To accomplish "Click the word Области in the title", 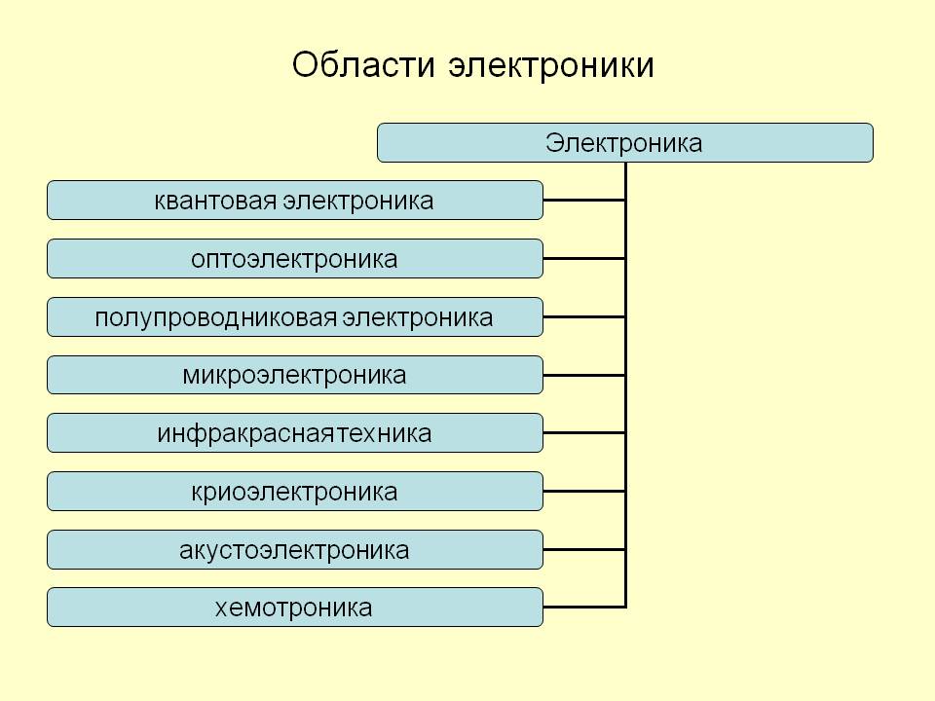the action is pos(363,64).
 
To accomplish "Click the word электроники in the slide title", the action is pos(551,65).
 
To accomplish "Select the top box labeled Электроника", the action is pos(625,142).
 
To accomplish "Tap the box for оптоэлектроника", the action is pos(294,259).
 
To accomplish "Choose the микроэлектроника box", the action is pos(294,375).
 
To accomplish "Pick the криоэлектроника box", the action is pos(294,491).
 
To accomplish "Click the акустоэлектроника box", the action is pos(294,549).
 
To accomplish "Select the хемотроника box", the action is pos(294,607).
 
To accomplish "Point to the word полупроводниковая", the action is pos(216,317).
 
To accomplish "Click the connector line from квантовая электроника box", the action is pos(584,201).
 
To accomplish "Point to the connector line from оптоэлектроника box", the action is pos(584,259).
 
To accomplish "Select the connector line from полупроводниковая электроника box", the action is pos(584,317).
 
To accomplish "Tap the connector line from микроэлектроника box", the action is pos(584,375).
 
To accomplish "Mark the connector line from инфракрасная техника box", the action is pos(584,432).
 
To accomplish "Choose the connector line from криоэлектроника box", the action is pos(584,491).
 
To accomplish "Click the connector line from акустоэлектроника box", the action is pos(584,549).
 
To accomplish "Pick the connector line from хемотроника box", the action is pos(584,607).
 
